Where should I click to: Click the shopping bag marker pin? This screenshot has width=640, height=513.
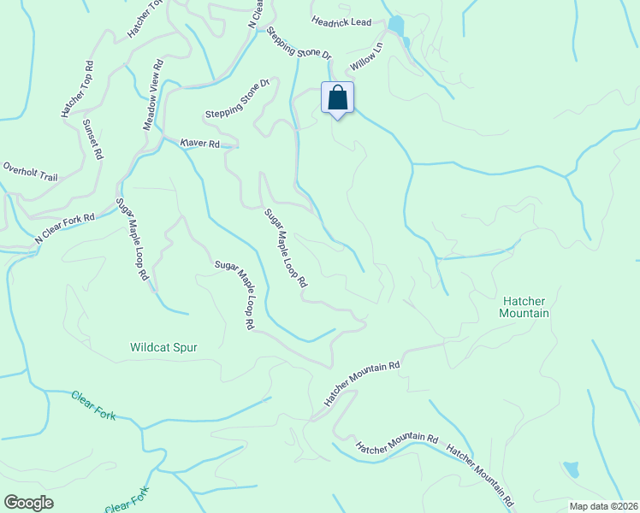point(338,98)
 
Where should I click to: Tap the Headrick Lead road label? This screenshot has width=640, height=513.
point(342,22)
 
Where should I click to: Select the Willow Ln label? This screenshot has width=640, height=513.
point(364,57)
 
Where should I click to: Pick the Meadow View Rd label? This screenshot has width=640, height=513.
point(153,95)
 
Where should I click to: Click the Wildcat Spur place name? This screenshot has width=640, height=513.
point(164,348)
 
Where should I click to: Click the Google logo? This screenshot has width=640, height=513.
point(29,503)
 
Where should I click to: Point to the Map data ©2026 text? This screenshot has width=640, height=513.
point(602,505)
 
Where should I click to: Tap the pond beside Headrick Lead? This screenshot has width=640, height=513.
point(395,25)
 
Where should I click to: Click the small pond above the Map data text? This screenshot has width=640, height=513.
point(571,469)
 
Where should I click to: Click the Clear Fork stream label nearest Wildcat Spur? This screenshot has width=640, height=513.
point(93,405)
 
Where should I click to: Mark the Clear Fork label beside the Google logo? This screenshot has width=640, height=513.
point(127,499)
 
